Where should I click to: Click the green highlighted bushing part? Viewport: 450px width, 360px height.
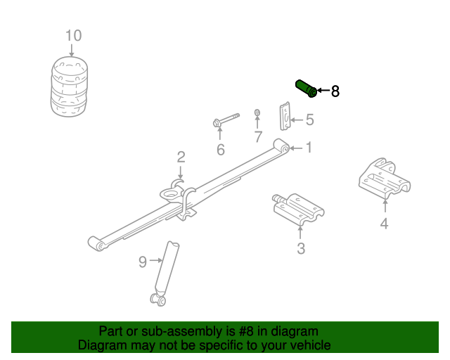(x=305, y=89)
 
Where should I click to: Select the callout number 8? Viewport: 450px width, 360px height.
(x=335, y=91)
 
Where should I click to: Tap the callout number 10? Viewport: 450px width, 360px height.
(x=73, y=36)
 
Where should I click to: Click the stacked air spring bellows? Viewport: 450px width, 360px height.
(x=71, y=86)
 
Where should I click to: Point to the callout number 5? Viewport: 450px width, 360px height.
(x=309, y=120)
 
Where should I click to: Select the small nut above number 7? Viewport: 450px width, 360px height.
(x=257, y=112)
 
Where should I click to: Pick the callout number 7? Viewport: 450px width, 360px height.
(x=258, y=136)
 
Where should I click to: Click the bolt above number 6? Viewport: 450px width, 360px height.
(x=225, y=120)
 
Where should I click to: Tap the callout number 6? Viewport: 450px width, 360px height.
(x=220, y=149)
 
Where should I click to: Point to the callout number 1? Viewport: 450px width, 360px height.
(x=308, y=148)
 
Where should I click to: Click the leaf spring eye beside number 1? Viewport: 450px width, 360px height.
(x=282, y=147)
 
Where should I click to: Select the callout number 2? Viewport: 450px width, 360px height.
(x=181, y=157)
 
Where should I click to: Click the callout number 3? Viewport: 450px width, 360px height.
(x=300, y=247)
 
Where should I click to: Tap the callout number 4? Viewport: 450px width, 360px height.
(x=384, y=224)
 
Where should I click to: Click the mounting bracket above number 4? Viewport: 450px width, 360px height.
(x=384, y=180)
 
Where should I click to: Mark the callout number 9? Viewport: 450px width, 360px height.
(x=143, y=262)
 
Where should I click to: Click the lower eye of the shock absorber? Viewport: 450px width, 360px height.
(x=158, y=301)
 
